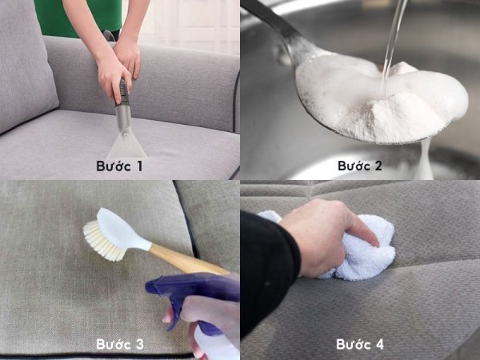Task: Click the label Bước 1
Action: [x=119, y=166]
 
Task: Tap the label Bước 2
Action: [x=360, y=166]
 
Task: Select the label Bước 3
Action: [x=120, y=344]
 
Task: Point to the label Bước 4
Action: [x=360, y=344]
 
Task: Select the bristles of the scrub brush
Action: [x=102, y=242]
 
